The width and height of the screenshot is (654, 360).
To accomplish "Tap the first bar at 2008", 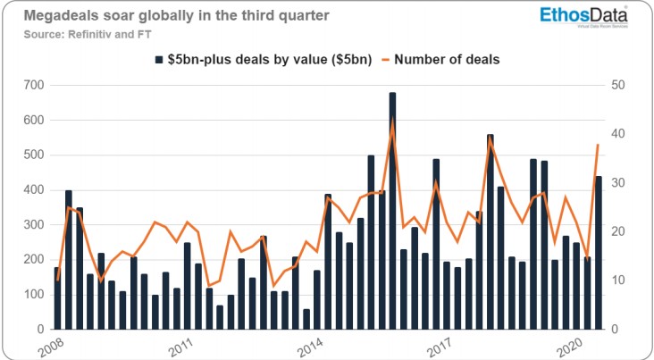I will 57,298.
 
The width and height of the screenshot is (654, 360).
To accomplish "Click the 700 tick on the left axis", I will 34,86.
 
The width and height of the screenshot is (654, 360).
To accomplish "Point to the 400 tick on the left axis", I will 34,190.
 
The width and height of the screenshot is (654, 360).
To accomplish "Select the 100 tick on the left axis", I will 34,295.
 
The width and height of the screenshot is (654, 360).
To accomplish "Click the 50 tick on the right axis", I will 618,86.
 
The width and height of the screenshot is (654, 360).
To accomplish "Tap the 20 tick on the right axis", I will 618,232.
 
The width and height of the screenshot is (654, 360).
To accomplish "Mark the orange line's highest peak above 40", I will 393,121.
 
